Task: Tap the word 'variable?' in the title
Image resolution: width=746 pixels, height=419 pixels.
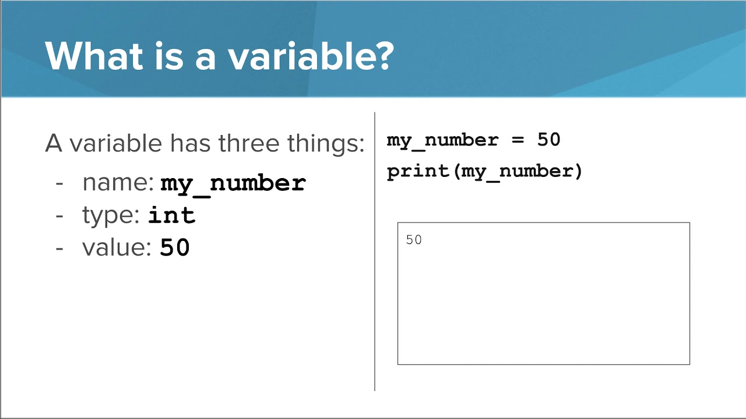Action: pos(310,56)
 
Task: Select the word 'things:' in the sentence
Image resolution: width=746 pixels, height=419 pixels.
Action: pos(332,143)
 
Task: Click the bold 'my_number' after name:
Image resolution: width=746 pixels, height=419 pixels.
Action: pos(233,183)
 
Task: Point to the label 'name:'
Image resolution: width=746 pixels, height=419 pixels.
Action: pos(118,183)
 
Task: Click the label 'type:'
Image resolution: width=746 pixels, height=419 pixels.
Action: pos(111,215)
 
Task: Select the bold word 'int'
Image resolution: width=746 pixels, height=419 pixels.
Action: pos(171,215)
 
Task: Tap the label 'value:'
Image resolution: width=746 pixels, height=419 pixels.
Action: pos(117,248)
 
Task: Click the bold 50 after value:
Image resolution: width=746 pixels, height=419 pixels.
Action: pos(175,248)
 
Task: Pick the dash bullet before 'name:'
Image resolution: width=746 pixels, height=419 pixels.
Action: pos(59,183)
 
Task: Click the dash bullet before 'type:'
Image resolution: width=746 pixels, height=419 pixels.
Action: pos(59,215)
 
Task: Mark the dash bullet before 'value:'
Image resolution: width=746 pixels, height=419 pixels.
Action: pos(59,248)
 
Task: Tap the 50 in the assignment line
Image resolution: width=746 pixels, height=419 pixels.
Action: pos(548,140)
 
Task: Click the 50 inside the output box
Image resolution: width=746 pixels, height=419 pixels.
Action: pos(414,240)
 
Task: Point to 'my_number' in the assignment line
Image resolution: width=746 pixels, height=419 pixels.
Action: pos(442,140)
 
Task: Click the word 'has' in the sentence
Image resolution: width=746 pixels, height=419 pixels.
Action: pos(191,143)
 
